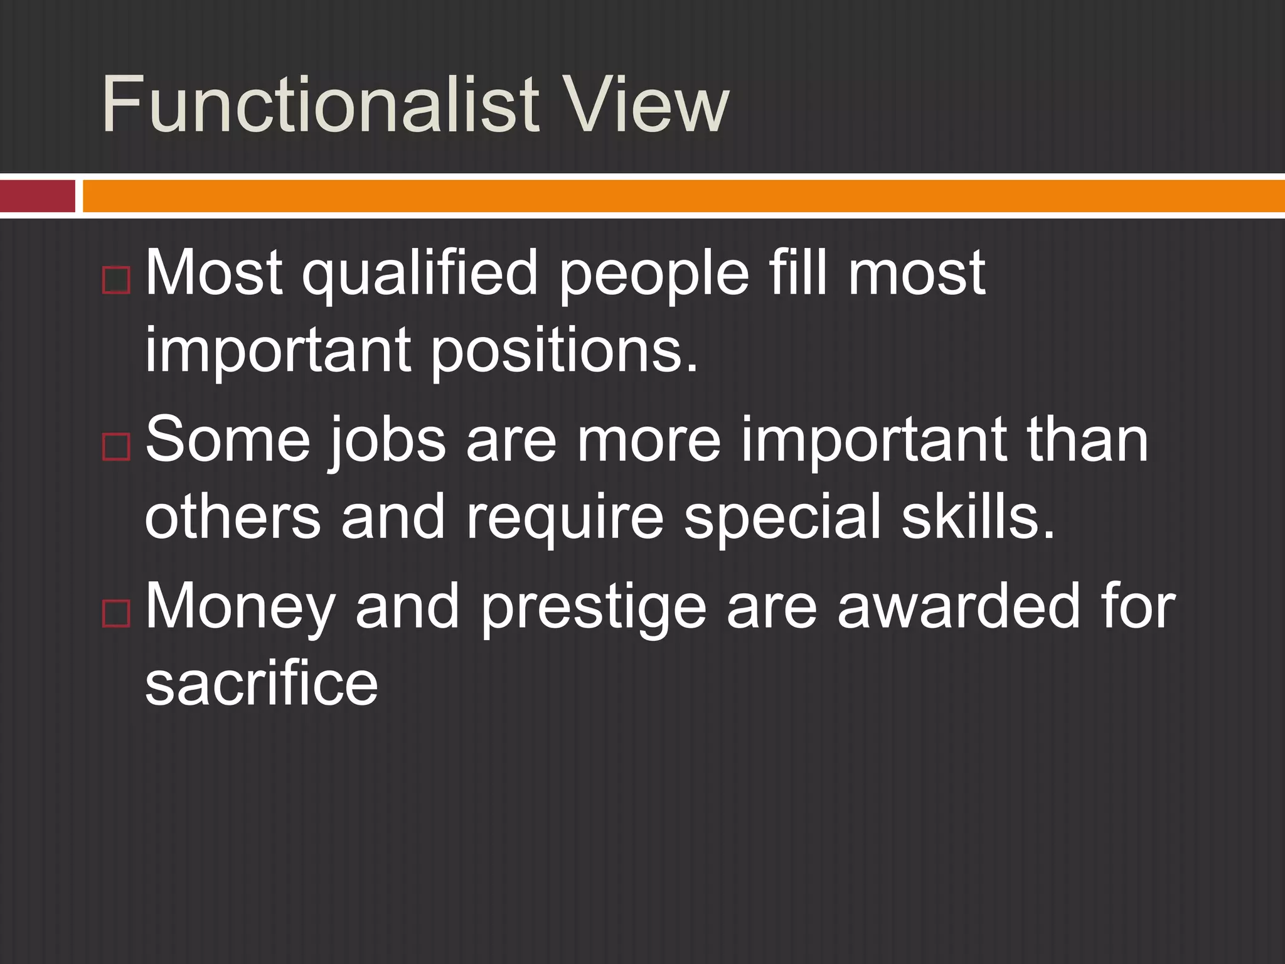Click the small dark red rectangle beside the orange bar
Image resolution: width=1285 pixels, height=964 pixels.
(x=37, y=196)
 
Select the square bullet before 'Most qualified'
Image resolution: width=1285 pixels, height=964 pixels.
(x=116, y=281)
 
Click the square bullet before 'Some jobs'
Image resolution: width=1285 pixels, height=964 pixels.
(x=116, y=447)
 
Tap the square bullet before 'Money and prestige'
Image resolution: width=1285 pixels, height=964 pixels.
(x=116, y=613)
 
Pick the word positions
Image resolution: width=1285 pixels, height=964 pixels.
(x=564, y=351)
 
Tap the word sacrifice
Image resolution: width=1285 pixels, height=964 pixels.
(x=262, y=684)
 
